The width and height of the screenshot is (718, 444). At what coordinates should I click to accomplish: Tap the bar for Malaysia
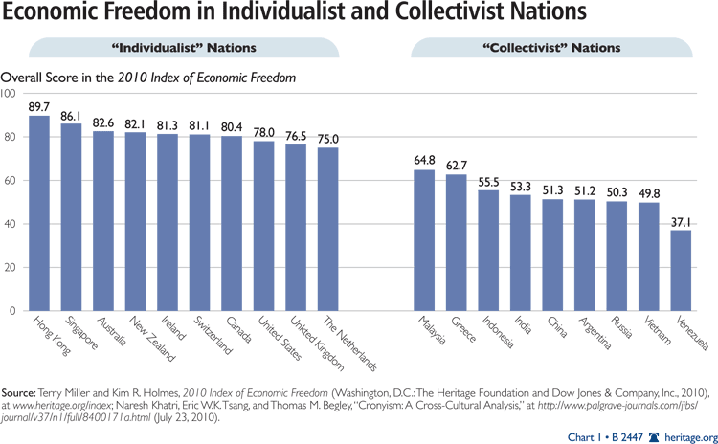[x=424, y=240]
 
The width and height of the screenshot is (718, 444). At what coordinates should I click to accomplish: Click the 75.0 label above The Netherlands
[x=328, y=138]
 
